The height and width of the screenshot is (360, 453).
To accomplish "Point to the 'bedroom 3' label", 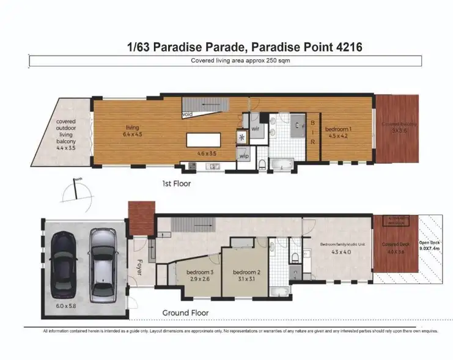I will pos(196,273).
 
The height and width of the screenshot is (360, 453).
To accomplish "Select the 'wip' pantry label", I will pos(245,156).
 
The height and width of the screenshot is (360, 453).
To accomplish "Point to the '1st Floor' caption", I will pos(179,183).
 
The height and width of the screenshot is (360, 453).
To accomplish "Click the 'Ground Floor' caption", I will pos(186,312).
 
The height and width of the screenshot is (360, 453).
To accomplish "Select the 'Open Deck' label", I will pos(428,244).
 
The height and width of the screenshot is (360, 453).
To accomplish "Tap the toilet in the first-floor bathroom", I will pos(262,164).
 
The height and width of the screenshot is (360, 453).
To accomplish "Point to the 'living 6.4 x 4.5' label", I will pos(130,129).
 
